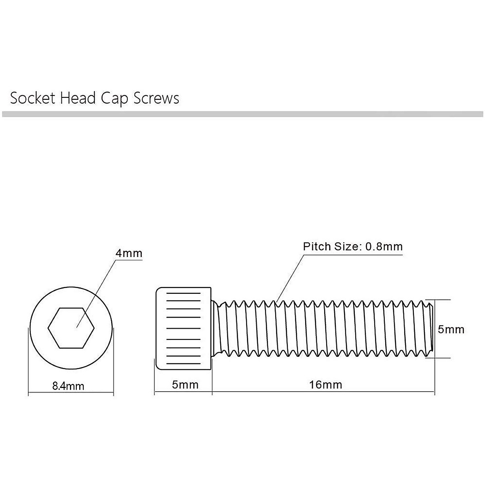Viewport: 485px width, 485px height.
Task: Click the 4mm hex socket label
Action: coord(129,253)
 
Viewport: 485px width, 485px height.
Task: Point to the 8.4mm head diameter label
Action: coord(68,386)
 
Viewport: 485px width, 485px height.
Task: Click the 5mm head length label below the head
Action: coord(186,384)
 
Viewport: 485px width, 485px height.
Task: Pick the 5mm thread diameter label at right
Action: coord(451,329)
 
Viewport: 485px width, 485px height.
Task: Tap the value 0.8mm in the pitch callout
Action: coord(384,247)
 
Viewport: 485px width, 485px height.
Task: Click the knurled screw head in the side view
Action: coord(184,328)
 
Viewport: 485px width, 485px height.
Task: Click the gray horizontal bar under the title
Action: coord(242,114)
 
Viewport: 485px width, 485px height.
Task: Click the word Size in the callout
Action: coord(346,247)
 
